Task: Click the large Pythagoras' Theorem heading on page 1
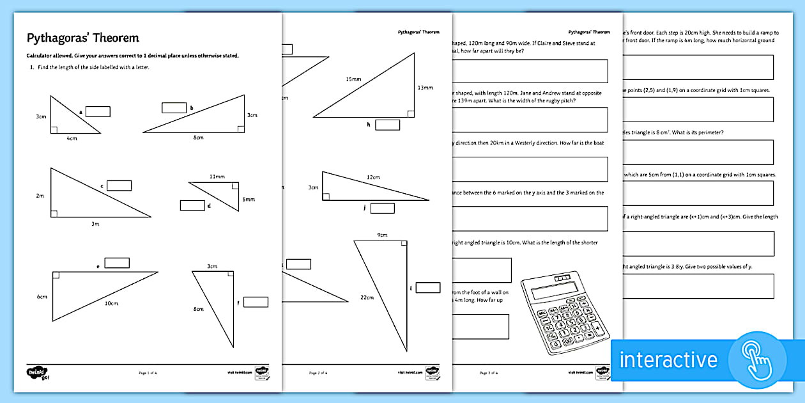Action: click(82, 38)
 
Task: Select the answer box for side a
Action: click(98, 111)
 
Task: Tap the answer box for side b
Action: click(174, 107)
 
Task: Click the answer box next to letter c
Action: click(119, 186)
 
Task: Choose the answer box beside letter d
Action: click(192, 205)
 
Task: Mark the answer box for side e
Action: click(117, 263)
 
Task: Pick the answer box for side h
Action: click(387, 125)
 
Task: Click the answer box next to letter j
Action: click(382, 208)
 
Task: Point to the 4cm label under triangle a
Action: click(72, 138)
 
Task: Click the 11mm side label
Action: click(217, 176)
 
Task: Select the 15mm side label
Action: click(353, 79)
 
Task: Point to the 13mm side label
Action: click(425, 87)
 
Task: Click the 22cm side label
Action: click(367, 297)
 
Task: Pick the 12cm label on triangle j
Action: click(373, 177)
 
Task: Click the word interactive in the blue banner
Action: click(669, 360)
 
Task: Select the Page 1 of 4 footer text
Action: click(148, 372)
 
